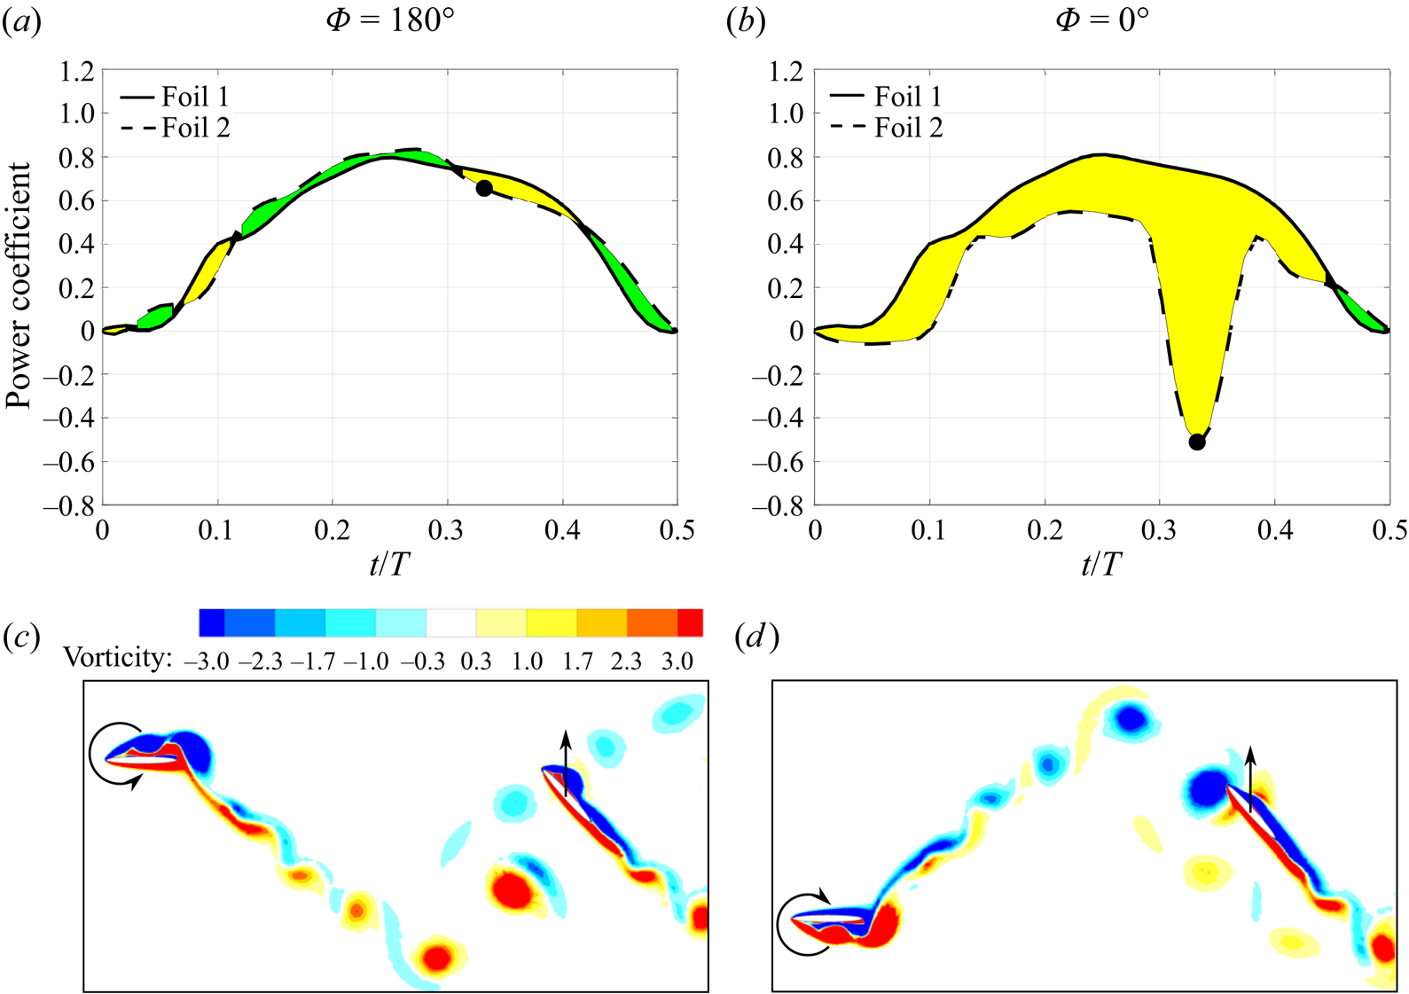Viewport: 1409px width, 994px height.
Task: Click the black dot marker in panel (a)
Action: [484, 188]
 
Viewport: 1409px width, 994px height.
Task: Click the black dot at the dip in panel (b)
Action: [1197, 442]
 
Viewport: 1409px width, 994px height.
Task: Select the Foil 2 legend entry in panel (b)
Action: [888, 128]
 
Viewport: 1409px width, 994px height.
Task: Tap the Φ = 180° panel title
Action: [390, 20]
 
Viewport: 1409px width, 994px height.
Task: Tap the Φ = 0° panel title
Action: [1102, 20]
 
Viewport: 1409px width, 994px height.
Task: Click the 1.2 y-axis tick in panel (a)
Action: [77, 71]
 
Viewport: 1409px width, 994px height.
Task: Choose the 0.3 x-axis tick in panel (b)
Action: [1160, 530]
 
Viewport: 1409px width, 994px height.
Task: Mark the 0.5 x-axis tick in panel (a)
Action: [677, 530]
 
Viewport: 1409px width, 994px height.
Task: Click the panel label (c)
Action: [21, 638]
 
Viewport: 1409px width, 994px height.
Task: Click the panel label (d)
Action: [757, 638]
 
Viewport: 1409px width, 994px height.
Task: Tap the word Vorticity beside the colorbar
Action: [118, 658]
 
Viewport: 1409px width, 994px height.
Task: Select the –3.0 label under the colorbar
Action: [207, 661]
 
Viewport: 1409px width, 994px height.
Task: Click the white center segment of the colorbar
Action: [451, 622]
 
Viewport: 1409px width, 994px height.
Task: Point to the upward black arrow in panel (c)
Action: [566, 763]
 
